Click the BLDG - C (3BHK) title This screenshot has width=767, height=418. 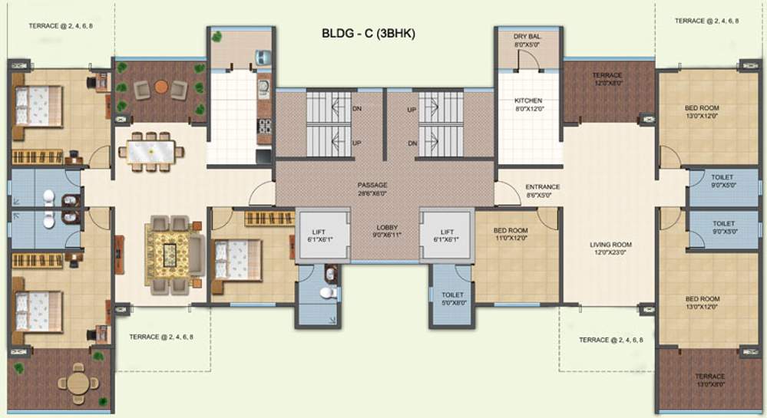tap(369, 35)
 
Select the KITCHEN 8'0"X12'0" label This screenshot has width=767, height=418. tap(528, 105)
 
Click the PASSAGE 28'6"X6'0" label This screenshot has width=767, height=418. tap(372, 189)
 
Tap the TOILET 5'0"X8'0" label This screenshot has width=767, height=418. tap(451, 298)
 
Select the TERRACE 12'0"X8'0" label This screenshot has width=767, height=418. tap(607, 80)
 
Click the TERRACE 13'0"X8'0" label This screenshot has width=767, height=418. tap(709, 380)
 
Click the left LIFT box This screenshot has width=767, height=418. tap(319, 236)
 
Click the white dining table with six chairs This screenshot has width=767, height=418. tap(150, 151)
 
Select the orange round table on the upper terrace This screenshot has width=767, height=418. tap(160, 87)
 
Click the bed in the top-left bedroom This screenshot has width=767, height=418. tap(35, 103)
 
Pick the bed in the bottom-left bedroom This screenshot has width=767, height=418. tap(35, 311)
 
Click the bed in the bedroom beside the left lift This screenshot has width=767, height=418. tap(235, 259)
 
